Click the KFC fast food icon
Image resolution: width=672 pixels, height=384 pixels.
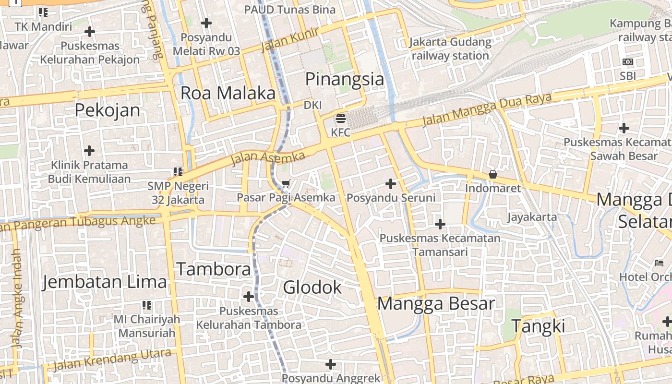tap(341, 118)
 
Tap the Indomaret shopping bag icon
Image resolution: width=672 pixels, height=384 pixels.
tap(492, 174)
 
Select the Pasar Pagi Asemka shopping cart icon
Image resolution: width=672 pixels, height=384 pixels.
tap(286, 183)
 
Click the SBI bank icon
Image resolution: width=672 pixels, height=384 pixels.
tap(627, 62)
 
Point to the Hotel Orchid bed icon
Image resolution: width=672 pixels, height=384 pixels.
tap(659, 263)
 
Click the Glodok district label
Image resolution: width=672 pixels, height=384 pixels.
tap(312, 288)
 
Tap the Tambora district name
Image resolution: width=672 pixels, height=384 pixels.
tap(214, 269)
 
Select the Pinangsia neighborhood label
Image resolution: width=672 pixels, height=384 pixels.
tap(345, 79)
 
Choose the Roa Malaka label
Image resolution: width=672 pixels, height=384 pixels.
tap(228, 93)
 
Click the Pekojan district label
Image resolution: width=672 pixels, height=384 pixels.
tap(108, 110)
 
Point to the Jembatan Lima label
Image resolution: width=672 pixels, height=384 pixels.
tap(104, 282)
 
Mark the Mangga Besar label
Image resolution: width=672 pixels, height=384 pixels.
tap(436, 304)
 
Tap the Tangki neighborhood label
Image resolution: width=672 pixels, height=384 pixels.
tap(538, 326)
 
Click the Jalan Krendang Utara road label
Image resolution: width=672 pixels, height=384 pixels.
tap(112, 360)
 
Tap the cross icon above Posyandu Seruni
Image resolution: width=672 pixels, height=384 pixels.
tap(391, 183)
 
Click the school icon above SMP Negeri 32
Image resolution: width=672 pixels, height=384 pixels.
tap(178, 171)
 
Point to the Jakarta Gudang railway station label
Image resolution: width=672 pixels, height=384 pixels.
tap(450, 49)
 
